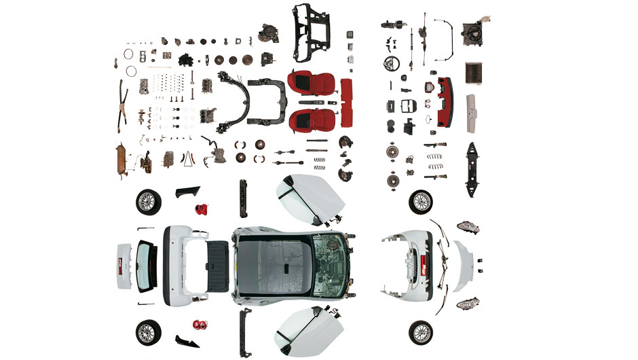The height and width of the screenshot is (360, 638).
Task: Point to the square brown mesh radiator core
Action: pos(474,71)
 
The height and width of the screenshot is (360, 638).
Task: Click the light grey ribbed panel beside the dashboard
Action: pos(471,113)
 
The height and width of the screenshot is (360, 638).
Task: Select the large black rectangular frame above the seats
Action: pos(312,33)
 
